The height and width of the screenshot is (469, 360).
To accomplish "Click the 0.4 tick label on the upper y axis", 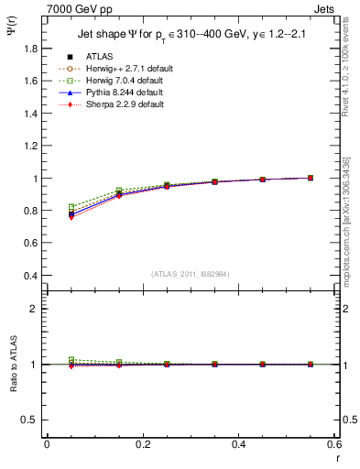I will (x=30, y=276).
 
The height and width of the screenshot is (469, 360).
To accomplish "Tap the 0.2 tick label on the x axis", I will (x=142, y=444).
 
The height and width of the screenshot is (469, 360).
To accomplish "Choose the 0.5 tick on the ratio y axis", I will (x=30, y=420).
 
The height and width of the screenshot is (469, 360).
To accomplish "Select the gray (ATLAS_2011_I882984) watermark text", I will (x=191, y=274).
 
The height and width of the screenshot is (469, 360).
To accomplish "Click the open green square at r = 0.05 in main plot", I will (x=71, y=207).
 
